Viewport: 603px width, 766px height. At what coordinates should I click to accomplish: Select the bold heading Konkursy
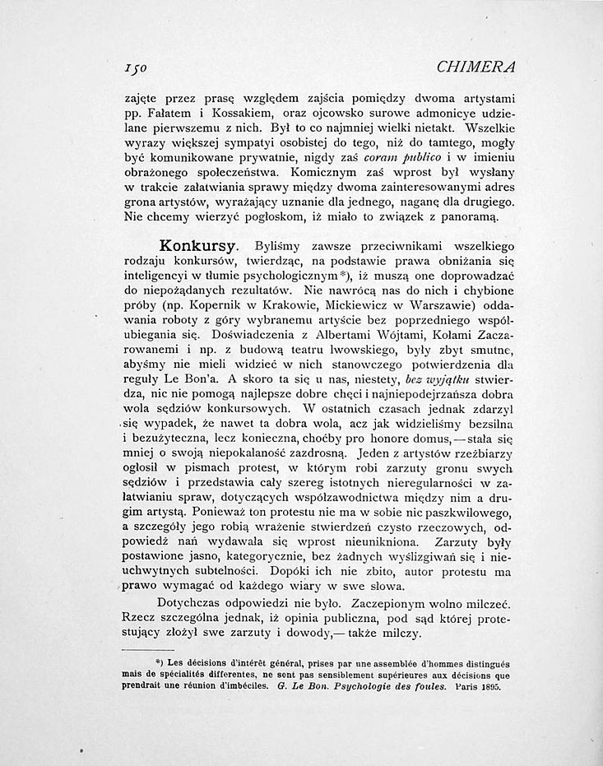(x=198, y=245)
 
